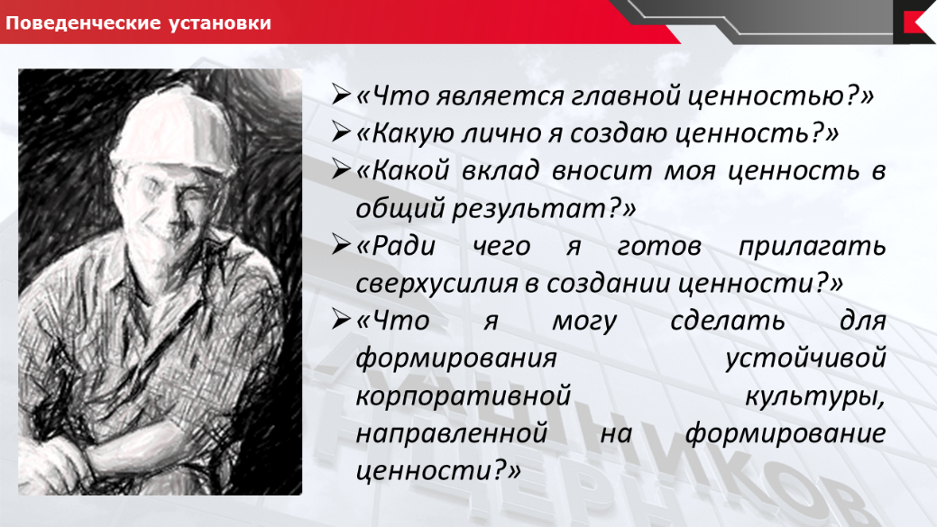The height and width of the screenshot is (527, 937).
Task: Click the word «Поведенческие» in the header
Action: pos(84,23)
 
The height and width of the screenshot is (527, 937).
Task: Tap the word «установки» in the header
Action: pos(220,23)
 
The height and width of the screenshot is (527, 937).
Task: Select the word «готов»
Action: pos(659,246)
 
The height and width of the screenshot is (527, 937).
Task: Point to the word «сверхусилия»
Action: pos(436,283)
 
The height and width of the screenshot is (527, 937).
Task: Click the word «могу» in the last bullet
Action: pos(583,321)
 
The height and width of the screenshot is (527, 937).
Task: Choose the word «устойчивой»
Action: pos(805,359)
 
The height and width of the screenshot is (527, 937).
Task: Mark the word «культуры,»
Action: pos(815,396)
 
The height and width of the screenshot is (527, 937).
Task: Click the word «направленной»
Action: pos(452,433)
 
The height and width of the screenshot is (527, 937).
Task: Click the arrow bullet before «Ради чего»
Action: pos(341,245)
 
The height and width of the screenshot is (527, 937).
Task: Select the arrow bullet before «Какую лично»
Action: pos(341,132)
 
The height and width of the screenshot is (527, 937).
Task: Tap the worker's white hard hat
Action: pos(173,126)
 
